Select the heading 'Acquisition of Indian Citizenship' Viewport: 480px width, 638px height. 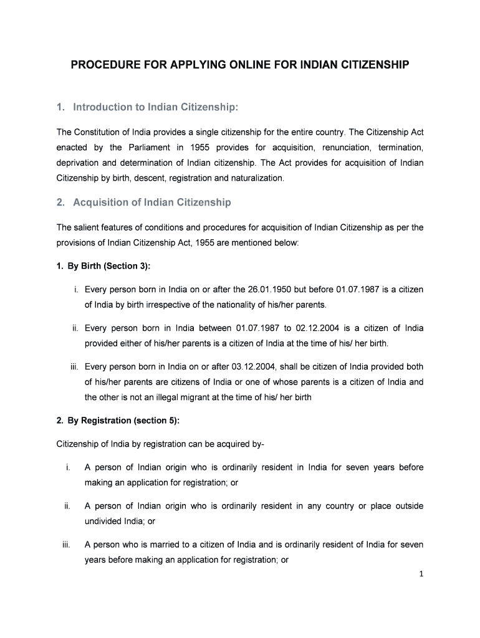click(151, 202)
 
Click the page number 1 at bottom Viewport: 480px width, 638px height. click(421, 574)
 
